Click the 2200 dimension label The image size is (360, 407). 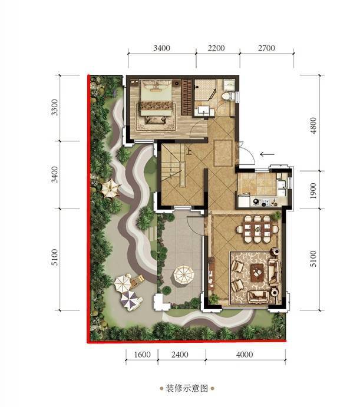(216, 48)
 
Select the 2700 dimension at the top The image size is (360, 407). (266, 48)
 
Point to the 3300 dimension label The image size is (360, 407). (55, 107)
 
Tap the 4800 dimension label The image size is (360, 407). (313, 125)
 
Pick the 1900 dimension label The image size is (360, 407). (313, 191)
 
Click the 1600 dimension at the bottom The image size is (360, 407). (143, 355)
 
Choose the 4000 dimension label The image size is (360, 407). (245, 355)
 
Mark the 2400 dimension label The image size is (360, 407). (180, 355)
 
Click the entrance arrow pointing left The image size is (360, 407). (267, 154)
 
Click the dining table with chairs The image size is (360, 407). (257, 229)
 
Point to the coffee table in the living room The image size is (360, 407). (257, 273)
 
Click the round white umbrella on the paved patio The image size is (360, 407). (184, 275)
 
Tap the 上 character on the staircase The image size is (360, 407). (189, 151)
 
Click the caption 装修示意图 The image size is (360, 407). (187, 389)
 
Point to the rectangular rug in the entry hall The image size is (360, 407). (223, 153)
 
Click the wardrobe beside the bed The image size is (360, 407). (186, 97)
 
